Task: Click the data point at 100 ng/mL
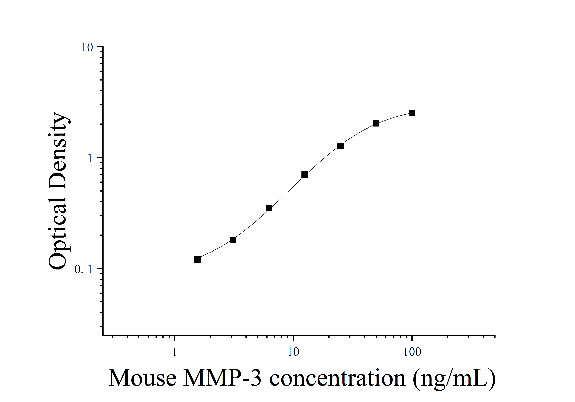click(412, 113)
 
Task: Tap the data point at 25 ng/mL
click(340, 146)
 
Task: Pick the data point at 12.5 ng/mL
click(304, 175)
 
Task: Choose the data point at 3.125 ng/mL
click(233, 240)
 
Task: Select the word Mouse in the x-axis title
click(142, 378)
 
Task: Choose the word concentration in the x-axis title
click(337, 378)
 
